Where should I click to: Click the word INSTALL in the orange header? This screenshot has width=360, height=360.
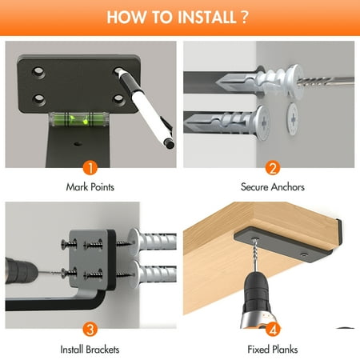(x=207, y=17)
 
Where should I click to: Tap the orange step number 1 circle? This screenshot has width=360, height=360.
(x=90, y=168)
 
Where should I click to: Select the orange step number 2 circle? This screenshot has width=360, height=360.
(x=273, y=168)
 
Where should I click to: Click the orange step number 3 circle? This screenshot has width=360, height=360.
(x=90, y=329)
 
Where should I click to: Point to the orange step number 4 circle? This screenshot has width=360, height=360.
(x=273, y=330)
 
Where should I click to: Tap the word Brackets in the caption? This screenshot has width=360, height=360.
(x=102, y=350)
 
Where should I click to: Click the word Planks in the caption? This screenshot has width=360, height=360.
(x=285, y=350)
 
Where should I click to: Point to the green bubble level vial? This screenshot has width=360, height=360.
(x=78, y=119)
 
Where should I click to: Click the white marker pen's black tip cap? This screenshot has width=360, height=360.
(x=169, y=144)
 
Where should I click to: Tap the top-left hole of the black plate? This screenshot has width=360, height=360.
(x=38, y=71)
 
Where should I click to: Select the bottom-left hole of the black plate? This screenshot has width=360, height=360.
(x=39, y=98)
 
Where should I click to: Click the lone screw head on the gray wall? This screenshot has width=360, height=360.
(x=293, y=119)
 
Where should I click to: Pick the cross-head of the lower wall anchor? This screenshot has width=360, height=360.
(x=263, y=123)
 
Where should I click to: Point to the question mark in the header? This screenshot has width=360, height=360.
(x=245, y=17)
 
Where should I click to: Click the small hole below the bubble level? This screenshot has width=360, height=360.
(x=78, y=144)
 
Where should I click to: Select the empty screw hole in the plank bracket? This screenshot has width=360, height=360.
(x=303, y=255)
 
